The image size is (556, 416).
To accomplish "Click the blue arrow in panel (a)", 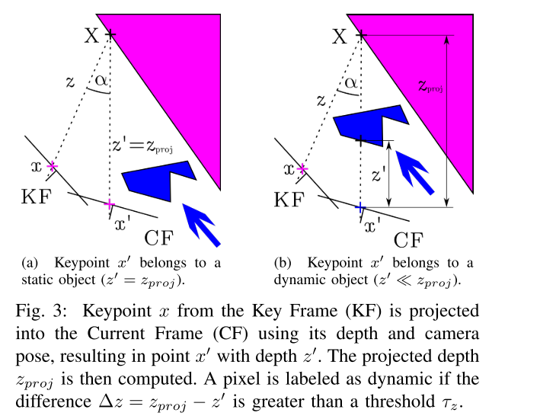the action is [x=201, y=225].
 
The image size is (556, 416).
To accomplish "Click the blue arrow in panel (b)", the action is [x=414, y=173].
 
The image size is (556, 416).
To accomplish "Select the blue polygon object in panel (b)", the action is [x=371, y=125].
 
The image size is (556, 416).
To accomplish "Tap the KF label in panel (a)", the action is [x=37, y=197].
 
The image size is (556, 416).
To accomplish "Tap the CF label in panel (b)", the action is [x=408, y=240].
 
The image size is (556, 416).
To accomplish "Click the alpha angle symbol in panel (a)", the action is [x=101, y=81].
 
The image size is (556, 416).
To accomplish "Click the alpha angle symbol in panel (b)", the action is [x=350, y=83].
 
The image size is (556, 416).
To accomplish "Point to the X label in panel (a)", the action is [x=92, y=36].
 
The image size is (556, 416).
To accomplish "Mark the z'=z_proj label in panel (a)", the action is [x=142, y=146].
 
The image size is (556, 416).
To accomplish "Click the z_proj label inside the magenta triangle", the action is [x=430, y=86].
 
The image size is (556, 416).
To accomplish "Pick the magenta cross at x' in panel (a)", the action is [x=110, y=204].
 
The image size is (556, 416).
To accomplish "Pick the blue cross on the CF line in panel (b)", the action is [x=360, y=207].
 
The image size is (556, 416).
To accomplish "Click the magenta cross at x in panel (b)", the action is [x=302, y=169].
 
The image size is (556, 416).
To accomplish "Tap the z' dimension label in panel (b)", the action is [x=379, y=174].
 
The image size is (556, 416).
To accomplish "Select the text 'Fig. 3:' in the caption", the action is [x=41, y=311].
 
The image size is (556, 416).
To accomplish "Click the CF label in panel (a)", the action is [x=159, y=238].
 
